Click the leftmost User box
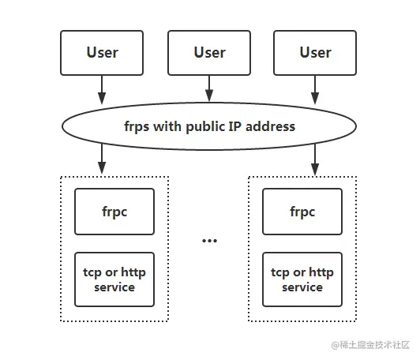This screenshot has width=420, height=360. point(102,53)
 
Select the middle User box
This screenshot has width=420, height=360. point(209,53)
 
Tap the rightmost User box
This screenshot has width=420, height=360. point(315,53)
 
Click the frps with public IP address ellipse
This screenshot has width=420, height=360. point(209,126)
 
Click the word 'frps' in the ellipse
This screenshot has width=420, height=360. point(138,126)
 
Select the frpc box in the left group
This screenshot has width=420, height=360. point(114,212)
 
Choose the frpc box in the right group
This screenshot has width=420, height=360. point(302,212)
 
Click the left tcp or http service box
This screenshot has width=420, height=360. point(114,279)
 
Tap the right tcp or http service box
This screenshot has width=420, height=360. point(302,279)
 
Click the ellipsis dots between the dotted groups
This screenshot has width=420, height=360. point(209,240)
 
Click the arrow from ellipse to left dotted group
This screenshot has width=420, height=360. point(102,160)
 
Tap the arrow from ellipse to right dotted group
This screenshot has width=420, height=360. point(315,160)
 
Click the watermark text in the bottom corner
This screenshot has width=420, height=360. point(371,345)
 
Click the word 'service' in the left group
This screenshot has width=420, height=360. point(114,287)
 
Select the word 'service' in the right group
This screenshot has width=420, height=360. point(302,287)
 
